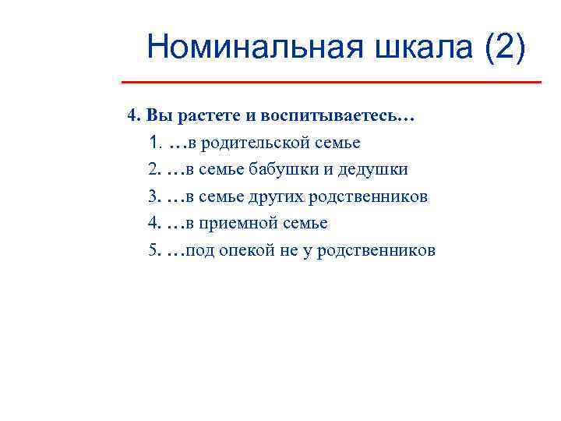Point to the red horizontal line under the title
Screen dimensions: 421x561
pyautogui.click(x=331, y=82)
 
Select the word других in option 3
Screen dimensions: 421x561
pyautogui.click(x=277, y=196)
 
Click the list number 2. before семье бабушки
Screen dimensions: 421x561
pyautogui.click(x=153, y=170)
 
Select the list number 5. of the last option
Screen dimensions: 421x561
pyautogui.click(x=153, y=250)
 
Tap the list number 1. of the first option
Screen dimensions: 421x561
pyautogui.click(x=153, y=143)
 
